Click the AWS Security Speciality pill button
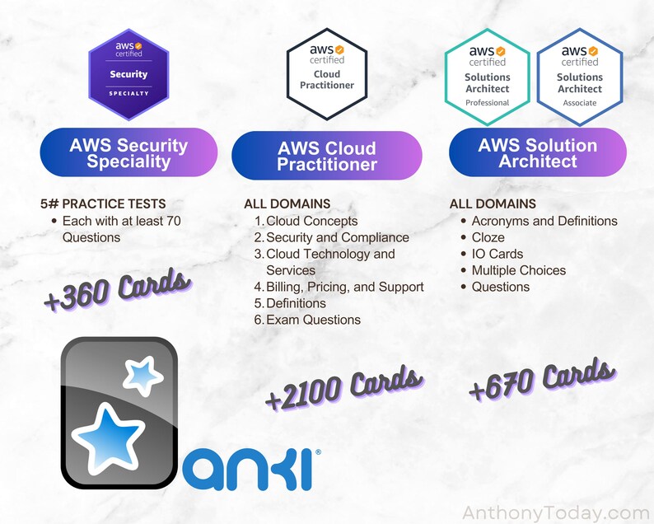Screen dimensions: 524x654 tap(128, 153)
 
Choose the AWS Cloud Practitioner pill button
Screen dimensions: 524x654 tap(327, 157)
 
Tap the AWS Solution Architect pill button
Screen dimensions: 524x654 tap(538, 153)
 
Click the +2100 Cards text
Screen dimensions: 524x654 tap(344, 388)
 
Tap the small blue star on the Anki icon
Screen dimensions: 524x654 tap(142, 376)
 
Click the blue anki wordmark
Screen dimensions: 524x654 tap(248, 469)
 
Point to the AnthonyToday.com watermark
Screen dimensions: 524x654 tap(556, 513)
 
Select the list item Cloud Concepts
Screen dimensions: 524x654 tap(311, 221)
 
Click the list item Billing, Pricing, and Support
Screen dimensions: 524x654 tap(344, 287)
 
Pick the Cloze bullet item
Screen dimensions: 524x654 tap(488, 237)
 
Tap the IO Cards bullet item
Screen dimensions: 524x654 tap(497, 254)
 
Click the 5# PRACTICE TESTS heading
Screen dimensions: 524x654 tap(103, 204)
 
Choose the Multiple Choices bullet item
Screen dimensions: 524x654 tap(518, 270)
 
